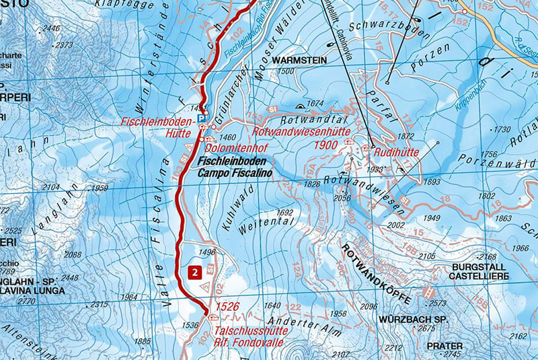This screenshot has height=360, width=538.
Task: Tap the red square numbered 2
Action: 194,273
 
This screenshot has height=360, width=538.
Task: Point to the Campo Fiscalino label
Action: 232,173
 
